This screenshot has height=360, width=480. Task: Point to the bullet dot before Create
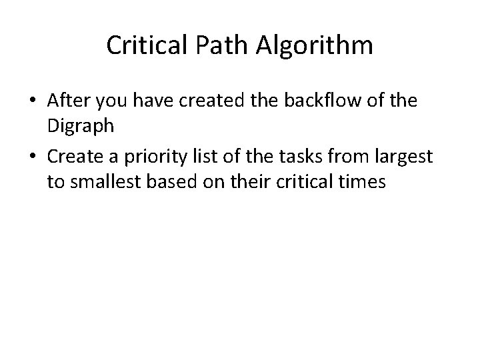point(33,157)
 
